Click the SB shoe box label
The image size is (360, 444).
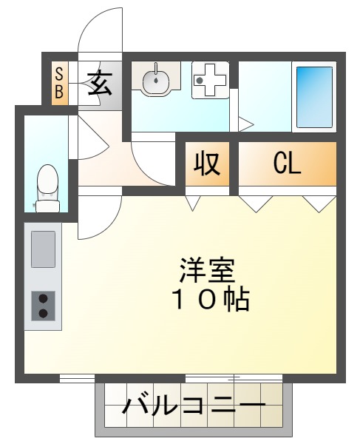[x=59, y=83]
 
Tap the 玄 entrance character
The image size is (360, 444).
[x=101, y=83]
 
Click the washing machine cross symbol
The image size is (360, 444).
[x=208, y=80]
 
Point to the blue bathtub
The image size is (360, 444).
[x=314, y=96]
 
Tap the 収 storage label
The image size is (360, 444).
[x=207, y=164]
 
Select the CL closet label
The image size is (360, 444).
[x=287, y=163]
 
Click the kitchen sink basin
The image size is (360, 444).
[x=43, y=249]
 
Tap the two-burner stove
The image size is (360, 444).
[x=43, y=305]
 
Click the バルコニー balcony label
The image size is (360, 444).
[x=194, y=406]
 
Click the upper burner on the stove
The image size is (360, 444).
[x=43, y=297]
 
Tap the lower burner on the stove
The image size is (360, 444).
[x=43, y=313]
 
